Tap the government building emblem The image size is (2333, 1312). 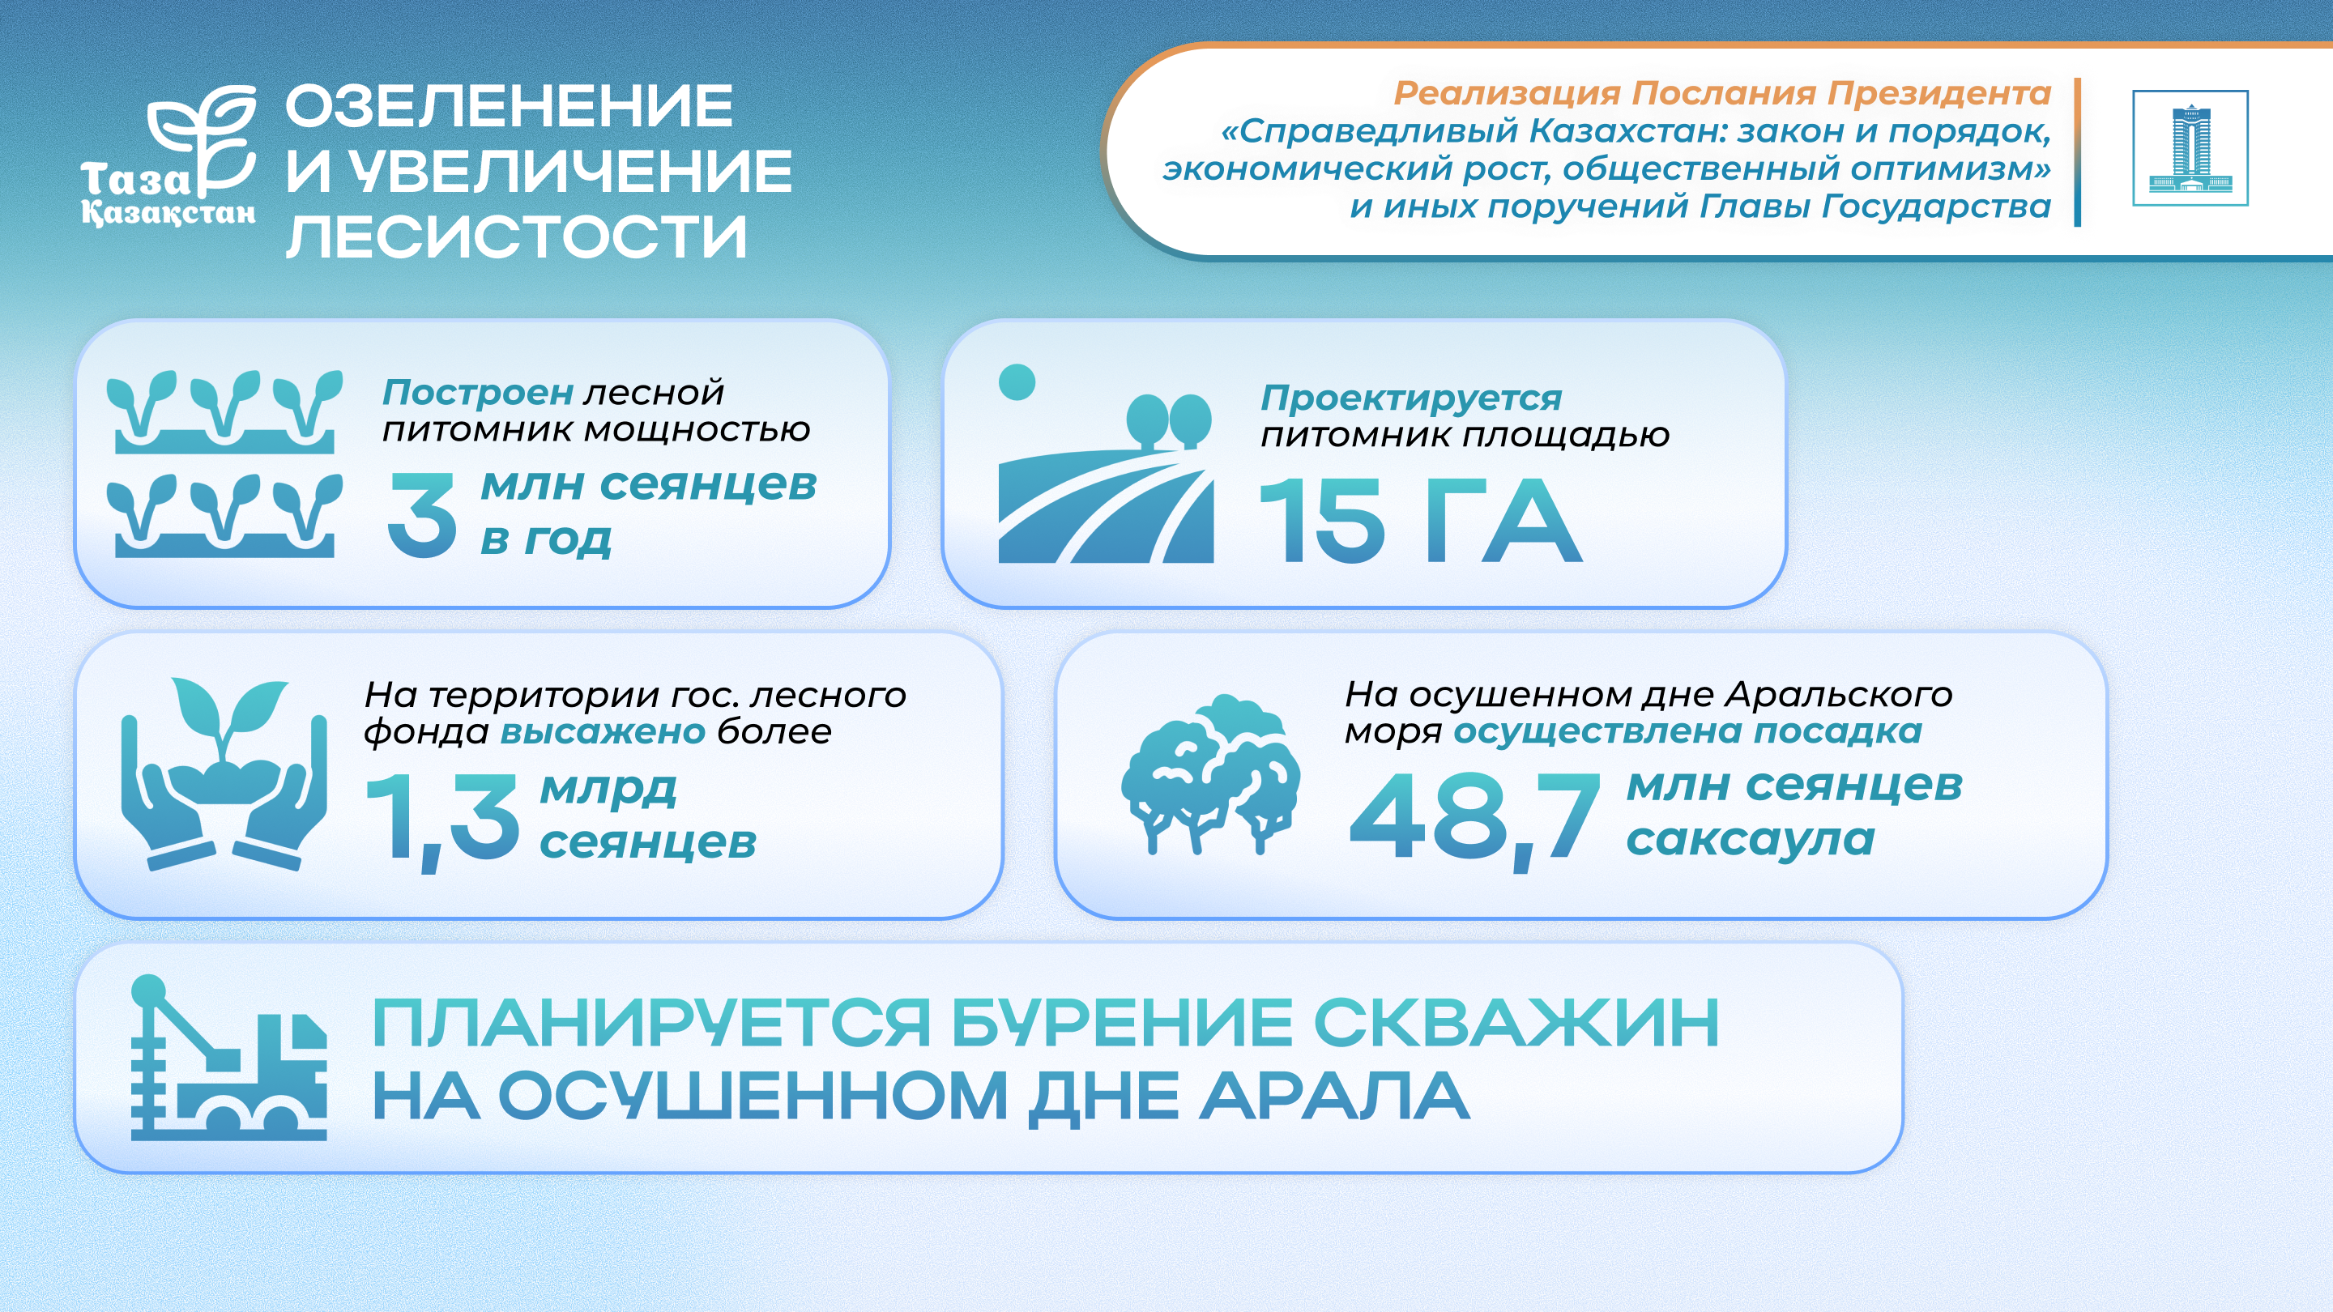tap(2190, 148)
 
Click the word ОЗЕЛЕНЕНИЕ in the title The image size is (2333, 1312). tap(509, 106)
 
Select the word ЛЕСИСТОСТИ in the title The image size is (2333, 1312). tap(516, 237)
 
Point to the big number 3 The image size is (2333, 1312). tap(421, 514)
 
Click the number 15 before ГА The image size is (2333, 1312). tap(1321, 520)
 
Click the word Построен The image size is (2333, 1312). tap(477, 392)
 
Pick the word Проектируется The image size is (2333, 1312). tap(1411, 398)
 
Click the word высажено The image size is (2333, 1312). tap(602, 731)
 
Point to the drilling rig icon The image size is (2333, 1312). tap(229, 1057)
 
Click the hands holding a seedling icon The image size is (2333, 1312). tap(224, 774)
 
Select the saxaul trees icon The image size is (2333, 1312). tap(1210, 775)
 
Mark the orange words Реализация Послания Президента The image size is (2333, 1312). tap(1721, 93)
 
